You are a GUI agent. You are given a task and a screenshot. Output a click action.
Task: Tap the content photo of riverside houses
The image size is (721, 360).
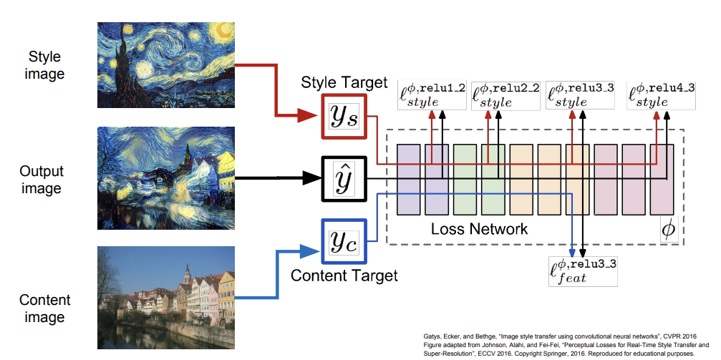[166, 298]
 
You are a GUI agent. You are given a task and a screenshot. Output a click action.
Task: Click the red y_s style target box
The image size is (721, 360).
[344, 115]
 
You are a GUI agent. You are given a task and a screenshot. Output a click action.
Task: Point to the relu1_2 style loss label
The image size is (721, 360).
[433, 95]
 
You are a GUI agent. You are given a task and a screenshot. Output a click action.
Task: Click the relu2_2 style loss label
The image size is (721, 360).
[506, 95]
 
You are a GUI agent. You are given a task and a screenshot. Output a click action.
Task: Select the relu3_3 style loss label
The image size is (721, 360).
[581, 95]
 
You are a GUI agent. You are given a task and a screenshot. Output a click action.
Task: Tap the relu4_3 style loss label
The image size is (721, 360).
[661, 95]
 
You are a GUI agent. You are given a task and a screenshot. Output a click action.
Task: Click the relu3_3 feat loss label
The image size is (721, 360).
[582, 271]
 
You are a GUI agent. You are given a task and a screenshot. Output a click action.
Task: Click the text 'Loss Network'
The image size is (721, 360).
[479, 229]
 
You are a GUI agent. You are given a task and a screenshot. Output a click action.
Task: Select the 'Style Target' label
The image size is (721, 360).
[344, 82]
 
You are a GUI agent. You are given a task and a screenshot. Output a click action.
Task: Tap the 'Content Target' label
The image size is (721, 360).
[344, 275]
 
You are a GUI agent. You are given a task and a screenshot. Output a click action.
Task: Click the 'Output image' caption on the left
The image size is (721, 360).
[42, 180]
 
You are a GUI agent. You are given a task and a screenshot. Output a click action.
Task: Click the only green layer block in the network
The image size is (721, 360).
[465, 179]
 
